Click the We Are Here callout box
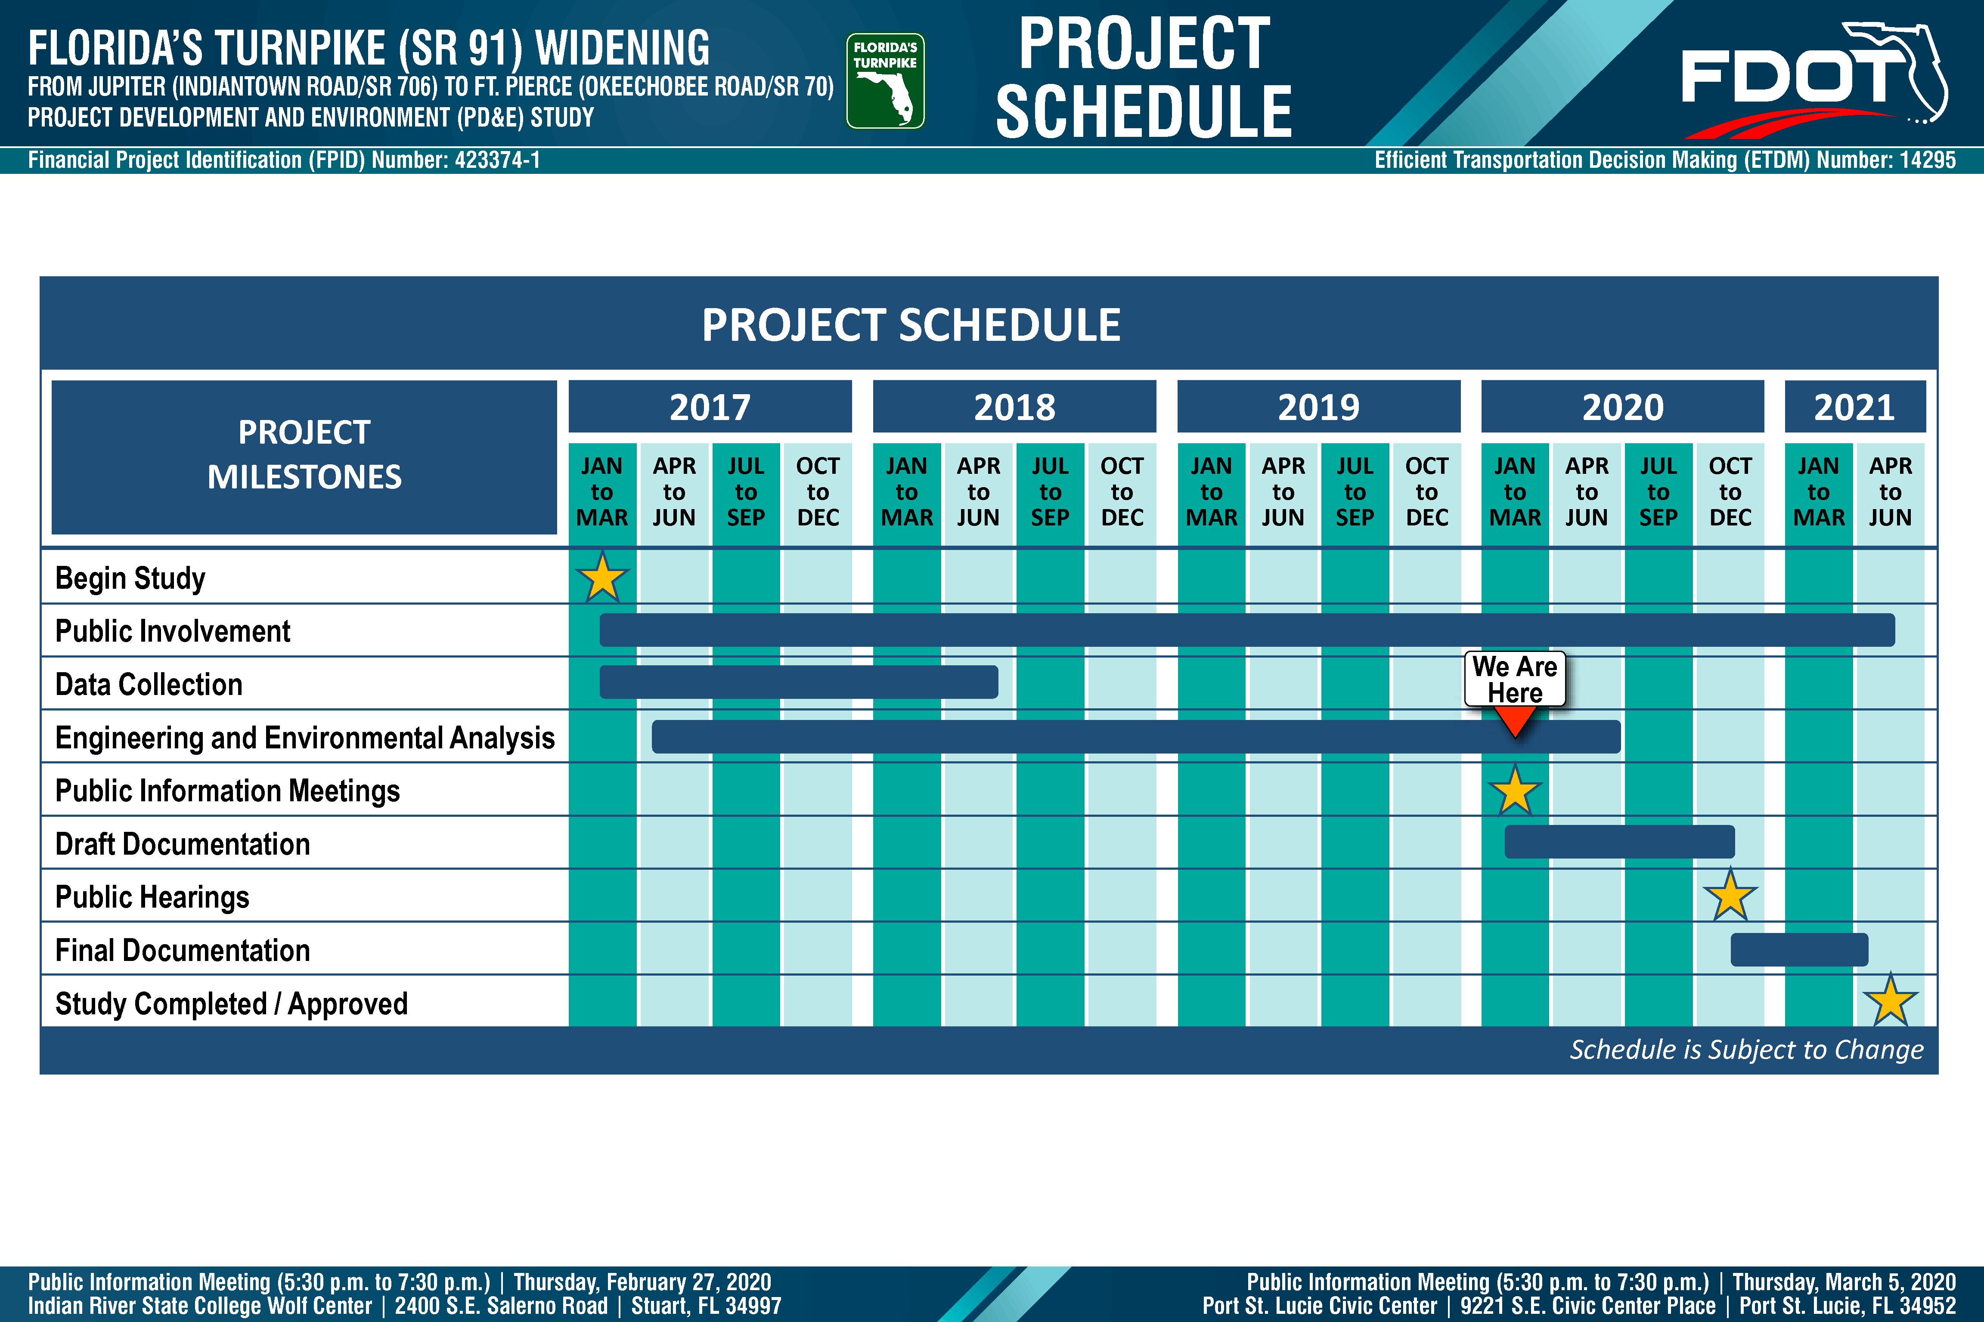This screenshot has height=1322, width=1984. click(x=1515, y=679)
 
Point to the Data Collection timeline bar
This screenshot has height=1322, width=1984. click(x=799, y=682)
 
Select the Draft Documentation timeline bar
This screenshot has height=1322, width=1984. click(x=1620, y=841)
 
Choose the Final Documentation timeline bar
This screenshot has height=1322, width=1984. click(x=1799, y=949)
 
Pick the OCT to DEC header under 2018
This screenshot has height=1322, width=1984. click(x=1122, y=491)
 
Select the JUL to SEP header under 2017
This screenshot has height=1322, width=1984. click(x=746, y=491)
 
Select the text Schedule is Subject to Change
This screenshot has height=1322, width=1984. click(x=1747, y=1050)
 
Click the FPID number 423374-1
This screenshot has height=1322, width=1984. click(x=497, y=160)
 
